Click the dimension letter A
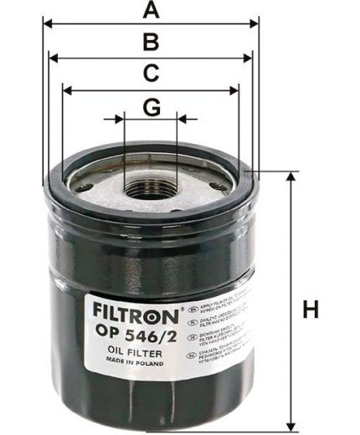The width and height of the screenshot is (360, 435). [x=150, y=10]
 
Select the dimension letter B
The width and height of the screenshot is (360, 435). [x=150, y=42]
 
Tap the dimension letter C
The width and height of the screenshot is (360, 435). [x=150, y=74]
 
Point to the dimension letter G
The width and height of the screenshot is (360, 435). [x=151, y=107]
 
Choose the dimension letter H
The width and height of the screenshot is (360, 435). [x=311, y=309]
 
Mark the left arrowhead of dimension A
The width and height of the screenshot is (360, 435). [x=46, y=24]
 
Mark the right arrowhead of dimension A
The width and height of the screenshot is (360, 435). [x=256, y=24]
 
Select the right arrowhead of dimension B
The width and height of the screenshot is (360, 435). [x=248, y=57]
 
